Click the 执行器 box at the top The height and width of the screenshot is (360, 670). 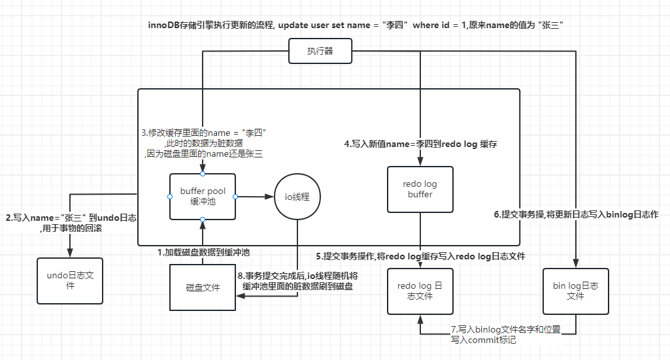coord(320,51)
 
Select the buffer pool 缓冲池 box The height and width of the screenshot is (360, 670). coord(203,196)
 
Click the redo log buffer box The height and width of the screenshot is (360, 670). coord(420,189)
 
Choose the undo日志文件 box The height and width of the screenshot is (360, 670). coord(70,281)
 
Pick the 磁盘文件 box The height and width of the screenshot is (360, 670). coord(203,287)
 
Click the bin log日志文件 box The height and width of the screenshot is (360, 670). coord(575,291)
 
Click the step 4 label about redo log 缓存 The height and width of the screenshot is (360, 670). coord(422,144)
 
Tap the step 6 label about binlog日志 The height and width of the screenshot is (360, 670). coord(575,214)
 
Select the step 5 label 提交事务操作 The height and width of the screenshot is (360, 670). coord(420,256)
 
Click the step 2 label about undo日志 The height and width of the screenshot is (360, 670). coord(71,223)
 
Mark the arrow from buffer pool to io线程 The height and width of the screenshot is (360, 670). coord(255,196)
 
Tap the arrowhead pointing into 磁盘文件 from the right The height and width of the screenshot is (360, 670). coord(240,297)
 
